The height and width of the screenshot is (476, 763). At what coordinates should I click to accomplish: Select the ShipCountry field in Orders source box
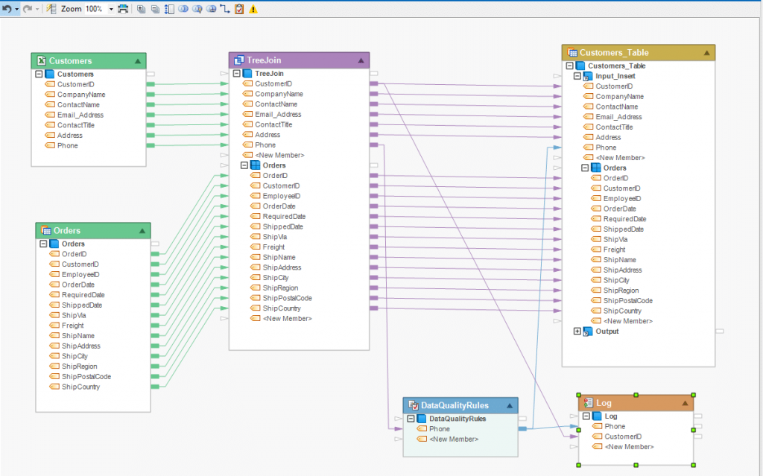[80, 387]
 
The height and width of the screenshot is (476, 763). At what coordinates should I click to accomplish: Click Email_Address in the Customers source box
[80, 115]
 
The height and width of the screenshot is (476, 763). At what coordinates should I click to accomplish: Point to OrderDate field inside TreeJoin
[279, 206]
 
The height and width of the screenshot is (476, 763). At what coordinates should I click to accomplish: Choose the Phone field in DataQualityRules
[439, 429]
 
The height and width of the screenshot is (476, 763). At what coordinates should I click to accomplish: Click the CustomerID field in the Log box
[624, 437]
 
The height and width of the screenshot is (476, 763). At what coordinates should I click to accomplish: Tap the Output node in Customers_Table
[607, 331]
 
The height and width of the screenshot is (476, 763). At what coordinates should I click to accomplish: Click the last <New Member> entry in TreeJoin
[287, 319]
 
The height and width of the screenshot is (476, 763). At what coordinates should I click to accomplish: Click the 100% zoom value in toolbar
[95, 9]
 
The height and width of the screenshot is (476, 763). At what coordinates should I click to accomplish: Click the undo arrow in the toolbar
[7, 9]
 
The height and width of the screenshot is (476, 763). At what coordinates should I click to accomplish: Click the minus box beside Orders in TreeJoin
[244, 165]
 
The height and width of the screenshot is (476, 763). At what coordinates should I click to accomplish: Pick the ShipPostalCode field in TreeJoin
[287, 298]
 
